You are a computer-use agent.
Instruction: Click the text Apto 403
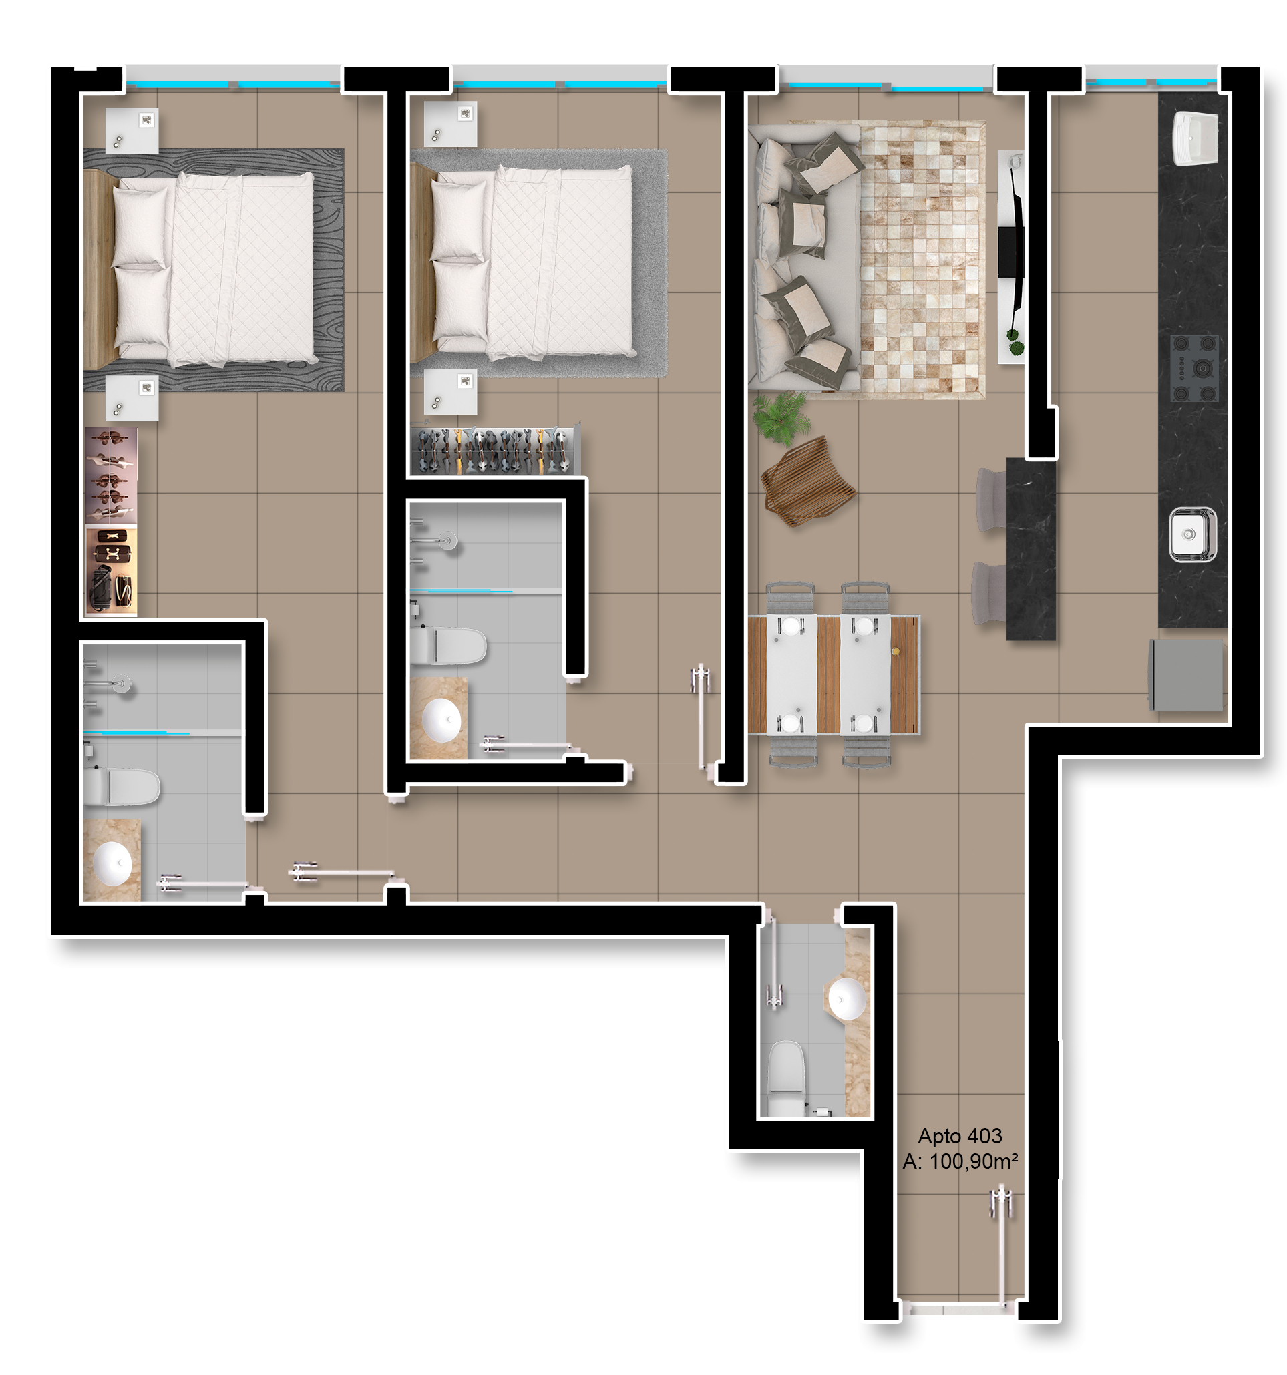click(959, 1136)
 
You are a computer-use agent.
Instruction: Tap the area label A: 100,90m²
click(960, 1161)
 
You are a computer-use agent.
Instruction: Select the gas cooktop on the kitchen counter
click(1193, 367)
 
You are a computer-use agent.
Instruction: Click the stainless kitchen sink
click(1191, 534)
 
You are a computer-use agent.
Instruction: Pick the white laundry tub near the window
click(1195, 138)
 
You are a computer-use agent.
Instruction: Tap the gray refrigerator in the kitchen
click(1185, 675)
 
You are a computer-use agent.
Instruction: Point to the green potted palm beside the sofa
click(781, 417)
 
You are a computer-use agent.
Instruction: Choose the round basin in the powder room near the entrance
click(846, 998)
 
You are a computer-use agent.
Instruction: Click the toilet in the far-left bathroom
click(122, 787)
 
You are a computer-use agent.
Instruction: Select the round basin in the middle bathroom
click(442, 720)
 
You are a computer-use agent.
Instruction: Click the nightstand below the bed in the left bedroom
click(132, 399)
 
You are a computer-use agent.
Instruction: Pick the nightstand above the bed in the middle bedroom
click(449, 124)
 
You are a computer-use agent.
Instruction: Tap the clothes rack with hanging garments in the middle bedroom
click(494, 451)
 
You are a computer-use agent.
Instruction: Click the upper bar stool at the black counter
click(991, 500)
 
